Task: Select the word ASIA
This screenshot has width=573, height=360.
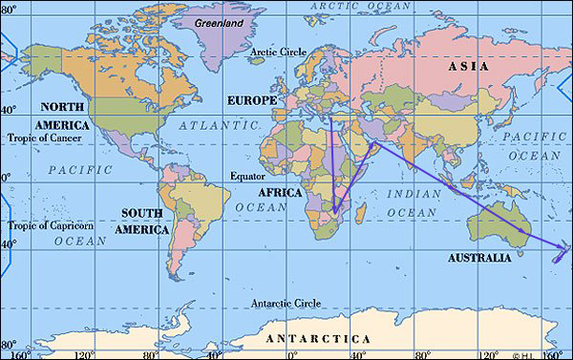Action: pyautogui.click(x=468, y=67)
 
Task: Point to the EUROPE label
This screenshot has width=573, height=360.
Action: pyautogui.click(x=252, y=99)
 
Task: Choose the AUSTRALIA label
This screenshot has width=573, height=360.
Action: pyautogui.click(x=478, y=258)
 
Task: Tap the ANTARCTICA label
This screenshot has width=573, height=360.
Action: pyautogui.click(x=318, y=340)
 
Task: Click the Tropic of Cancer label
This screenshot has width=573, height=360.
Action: pyautogui.click(x=42, y=138)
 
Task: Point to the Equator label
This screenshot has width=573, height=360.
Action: pyautogui.click(x=247, y=177)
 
